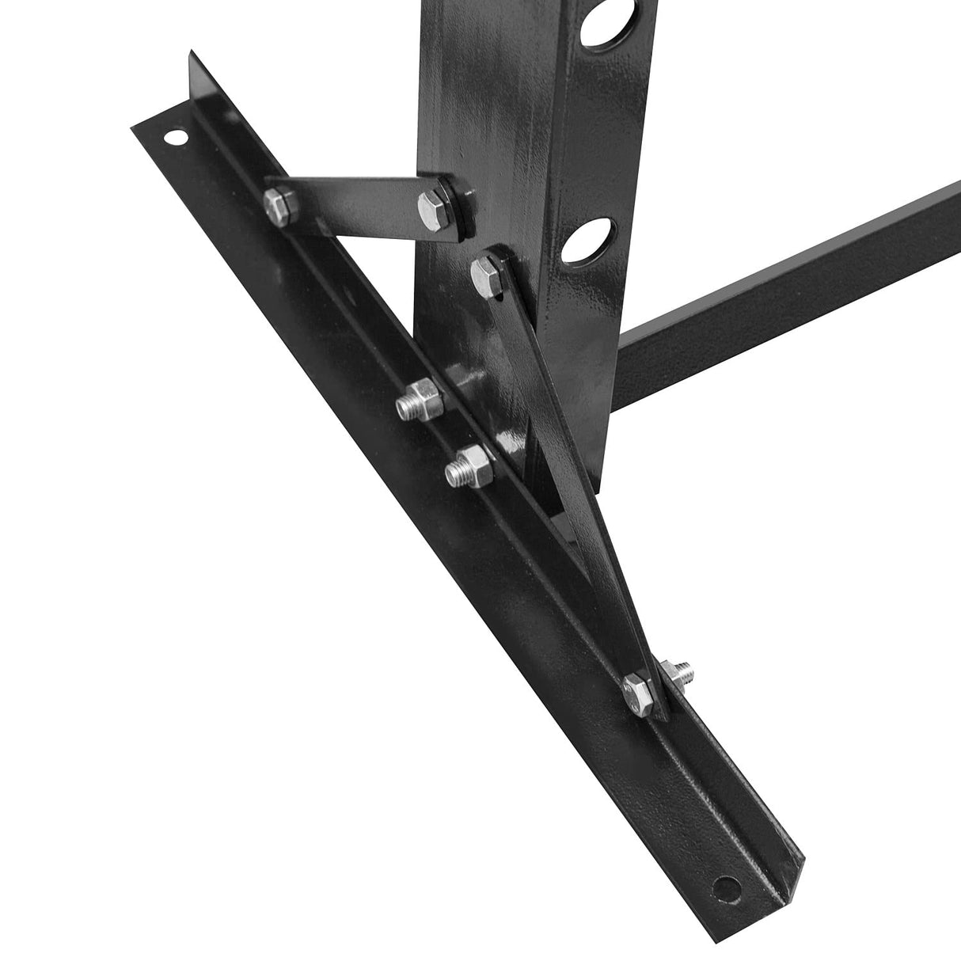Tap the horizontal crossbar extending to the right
[792, 285]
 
